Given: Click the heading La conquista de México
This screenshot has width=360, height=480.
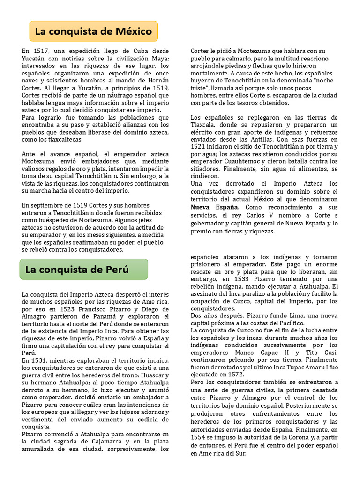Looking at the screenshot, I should pyautogui.click(x=94, y=31).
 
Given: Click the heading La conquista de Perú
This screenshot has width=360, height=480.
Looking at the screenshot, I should pyautogui.click(x=77, y=270).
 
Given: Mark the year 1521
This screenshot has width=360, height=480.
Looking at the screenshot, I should pyautogui.click(x=199, y=147).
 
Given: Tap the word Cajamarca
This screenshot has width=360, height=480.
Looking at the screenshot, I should pyautogui.click(x=107, y=442).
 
